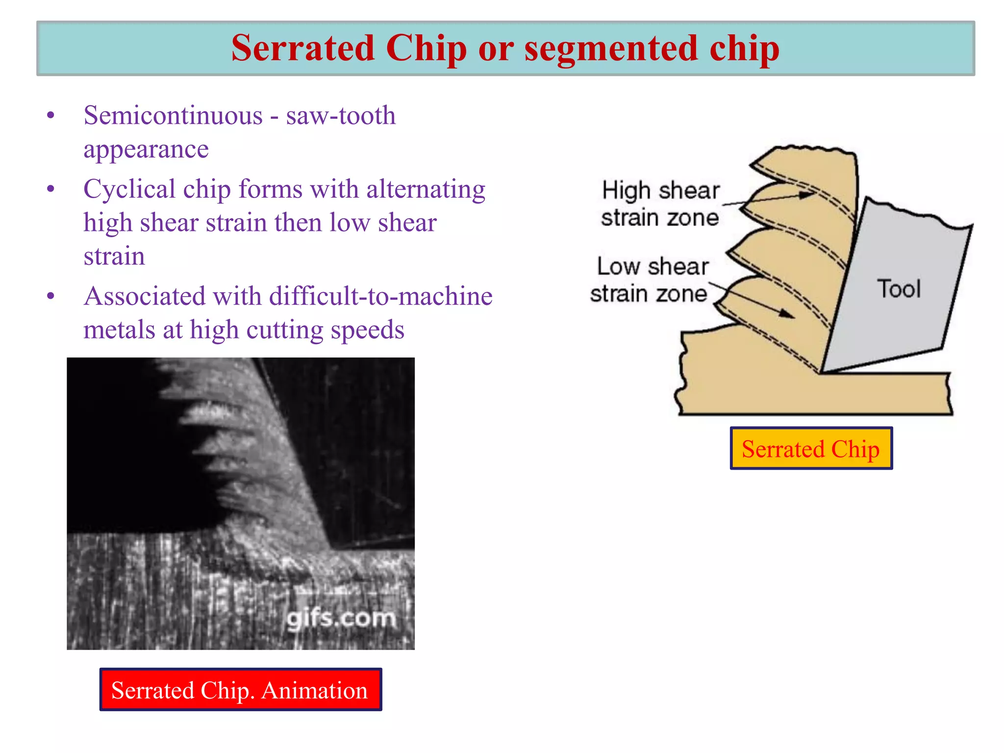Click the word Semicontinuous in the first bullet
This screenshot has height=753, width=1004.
[173, 116]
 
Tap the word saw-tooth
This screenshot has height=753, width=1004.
[341, 116]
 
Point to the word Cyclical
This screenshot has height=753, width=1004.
[129, 189]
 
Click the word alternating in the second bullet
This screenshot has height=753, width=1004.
[426, 189]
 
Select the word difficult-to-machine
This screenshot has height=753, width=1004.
[380, 296]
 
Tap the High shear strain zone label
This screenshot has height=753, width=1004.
[660, 203]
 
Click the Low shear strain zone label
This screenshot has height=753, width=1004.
[650, 280]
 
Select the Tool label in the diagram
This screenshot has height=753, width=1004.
[899, 289]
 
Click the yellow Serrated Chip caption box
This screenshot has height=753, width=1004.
[811, 449]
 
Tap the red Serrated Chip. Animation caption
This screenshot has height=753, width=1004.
[240, 690]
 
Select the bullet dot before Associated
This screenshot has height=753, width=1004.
[50, 296]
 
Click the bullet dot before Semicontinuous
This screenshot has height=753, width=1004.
[50, 116]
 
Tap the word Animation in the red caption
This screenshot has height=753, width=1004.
[314, 690]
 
